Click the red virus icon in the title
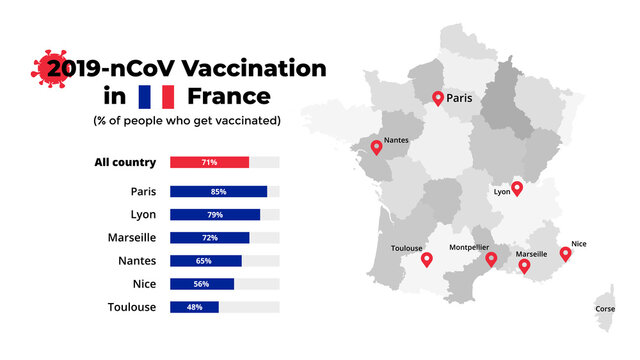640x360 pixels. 47,69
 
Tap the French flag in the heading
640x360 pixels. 157,97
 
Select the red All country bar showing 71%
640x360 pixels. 209,162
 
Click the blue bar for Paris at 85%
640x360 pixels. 218,191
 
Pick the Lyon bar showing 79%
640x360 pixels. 215,214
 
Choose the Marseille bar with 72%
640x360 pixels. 210,238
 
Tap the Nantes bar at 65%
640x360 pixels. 206,261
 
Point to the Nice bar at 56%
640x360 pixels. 202,284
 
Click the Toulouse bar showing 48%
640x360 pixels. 194,307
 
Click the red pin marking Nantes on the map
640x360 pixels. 376,147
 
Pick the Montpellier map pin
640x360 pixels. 491,259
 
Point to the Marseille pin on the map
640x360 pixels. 524,266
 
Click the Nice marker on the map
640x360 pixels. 565,254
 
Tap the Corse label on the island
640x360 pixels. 605,309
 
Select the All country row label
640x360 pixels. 125,162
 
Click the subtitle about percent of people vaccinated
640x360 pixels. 187,120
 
